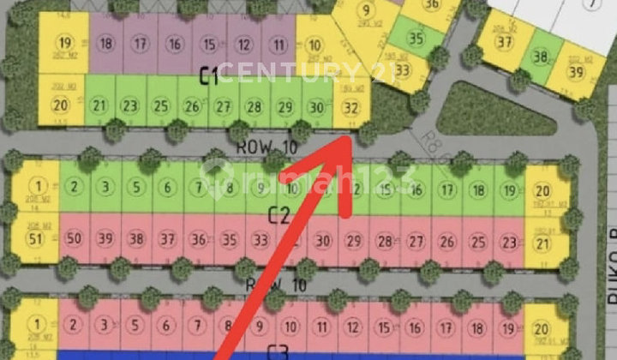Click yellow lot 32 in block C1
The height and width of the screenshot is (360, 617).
tap(351, 108)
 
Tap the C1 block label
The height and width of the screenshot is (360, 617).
tap(209, 77)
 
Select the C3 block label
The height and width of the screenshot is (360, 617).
tap(277, 350)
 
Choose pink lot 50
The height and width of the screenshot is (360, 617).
tap(74, 238)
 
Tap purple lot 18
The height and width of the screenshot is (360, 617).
tap(106, 45)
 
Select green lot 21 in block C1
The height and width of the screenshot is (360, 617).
tap(99, 106)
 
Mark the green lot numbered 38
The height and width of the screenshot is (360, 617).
tap(540, 57)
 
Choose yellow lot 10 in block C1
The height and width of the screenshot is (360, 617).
tap(314, 45)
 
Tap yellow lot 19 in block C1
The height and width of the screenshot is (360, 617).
tap(64, 45)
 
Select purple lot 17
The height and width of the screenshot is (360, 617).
tap(140, 45)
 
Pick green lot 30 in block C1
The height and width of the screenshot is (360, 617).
tap(316, 107)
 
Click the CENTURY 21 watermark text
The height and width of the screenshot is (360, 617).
tap(307, 72)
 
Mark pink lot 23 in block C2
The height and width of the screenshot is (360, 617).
tap(509, 240)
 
